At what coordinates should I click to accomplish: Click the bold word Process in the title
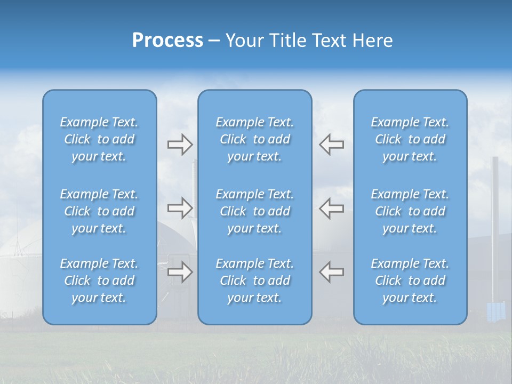click(x=167, y=41)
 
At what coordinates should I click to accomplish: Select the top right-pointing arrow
click(x=180, y=144)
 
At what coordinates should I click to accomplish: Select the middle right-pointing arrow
click(x=180, y=207)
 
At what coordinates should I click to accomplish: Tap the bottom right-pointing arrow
click(x=180, y=271)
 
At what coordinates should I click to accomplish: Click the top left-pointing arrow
click(x=331, y=144)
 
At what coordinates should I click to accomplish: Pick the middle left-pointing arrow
click(x=331, y=207)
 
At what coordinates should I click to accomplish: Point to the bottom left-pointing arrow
click(x=331, y=271)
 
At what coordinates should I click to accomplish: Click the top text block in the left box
click(x=99, y=139)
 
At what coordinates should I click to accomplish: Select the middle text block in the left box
click(x=99, y=211)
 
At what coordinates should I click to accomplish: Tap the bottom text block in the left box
click(x=99, y=281)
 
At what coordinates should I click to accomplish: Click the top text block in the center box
click(x=255, y=139)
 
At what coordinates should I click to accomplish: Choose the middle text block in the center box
click(x=255, y=211)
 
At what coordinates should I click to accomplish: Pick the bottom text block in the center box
click(x=255, y=281)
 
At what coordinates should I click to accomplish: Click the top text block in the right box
click(x=410, y=139)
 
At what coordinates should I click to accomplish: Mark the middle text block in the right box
click(x=410, y=211)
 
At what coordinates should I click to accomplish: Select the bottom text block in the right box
click(x=410, y=281)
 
